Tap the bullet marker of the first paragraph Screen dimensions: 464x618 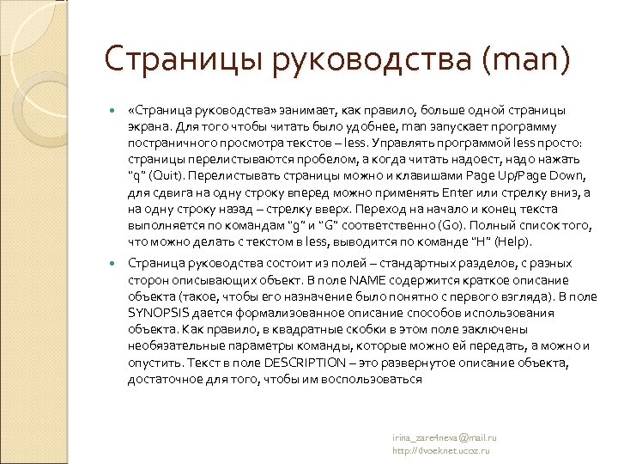click(x=112, y=111)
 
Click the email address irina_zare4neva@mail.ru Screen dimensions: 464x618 click(x=444, y=437)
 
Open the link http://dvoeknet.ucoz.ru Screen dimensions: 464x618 click(x=439, y=449)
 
